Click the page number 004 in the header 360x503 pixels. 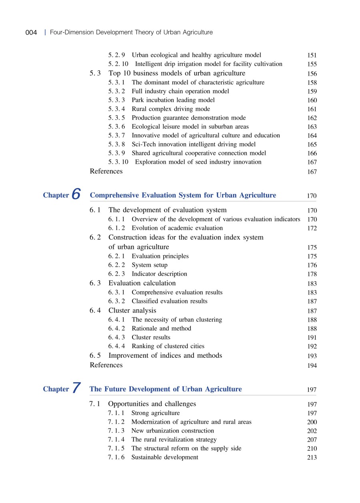point(31,32)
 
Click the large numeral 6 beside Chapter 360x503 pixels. point(76,195)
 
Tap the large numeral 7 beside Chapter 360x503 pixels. point(76,389)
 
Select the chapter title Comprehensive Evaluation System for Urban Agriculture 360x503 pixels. point(183,195)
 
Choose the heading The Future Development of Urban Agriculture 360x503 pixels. point(166,389)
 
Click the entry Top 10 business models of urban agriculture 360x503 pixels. point(177,73)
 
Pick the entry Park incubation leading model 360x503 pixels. point(173,100)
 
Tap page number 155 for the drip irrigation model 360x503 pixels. point(312,64)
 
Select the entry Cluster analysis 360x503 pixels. point(132,311)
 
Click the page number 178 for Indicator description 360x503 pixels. point(312,275)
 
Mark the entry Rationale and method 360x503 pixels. point(161,329)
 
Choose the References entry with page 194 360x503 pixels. point(106,365)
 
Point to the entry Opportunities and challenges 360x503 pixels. point(152,404)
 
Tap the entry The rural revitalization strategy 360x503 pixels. point(168,440)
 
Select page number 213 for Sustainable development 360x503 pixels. point(312,458)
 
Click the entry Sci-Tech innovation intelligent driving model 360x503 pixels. point(194,144)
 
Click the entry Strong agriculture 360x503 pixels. point(155,413)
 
